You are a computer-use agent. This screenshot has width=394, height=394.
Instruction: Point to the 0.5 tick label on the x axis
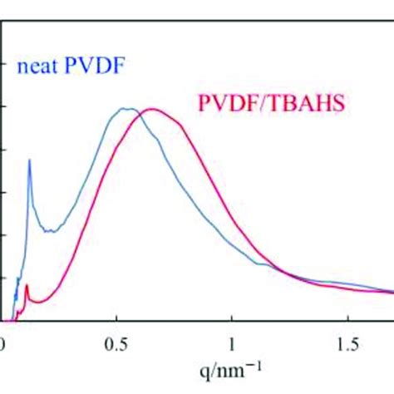point(116,343)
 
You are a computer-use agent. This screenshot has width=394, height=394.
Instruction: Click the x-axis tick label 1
point(232,343)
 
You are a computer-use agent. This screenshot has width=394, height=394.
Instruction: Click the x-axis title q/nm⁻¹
point(232,367)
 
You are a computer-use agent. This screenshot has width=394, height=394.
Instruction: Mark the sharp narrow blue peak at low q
point(30,160)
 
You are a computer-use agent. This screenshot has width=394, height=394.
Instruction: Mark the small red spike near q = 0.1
point(27,286)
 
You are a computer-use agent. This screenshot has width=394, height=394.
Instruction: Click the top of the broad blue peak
point(125,108)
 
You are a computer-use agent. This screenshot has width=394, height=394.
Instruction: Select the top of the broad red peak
point(151,109)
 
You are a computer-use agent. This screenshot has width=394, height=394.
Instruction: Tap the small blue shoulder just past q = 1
point(264,263)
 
